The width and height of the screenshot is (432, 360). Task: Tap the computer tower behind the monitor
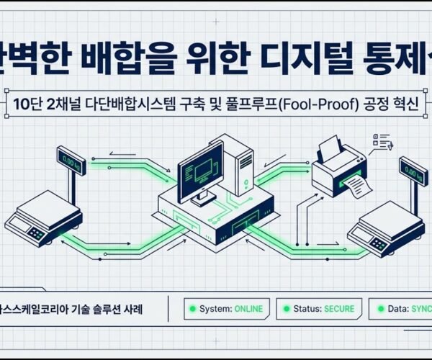click(237, 162)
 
